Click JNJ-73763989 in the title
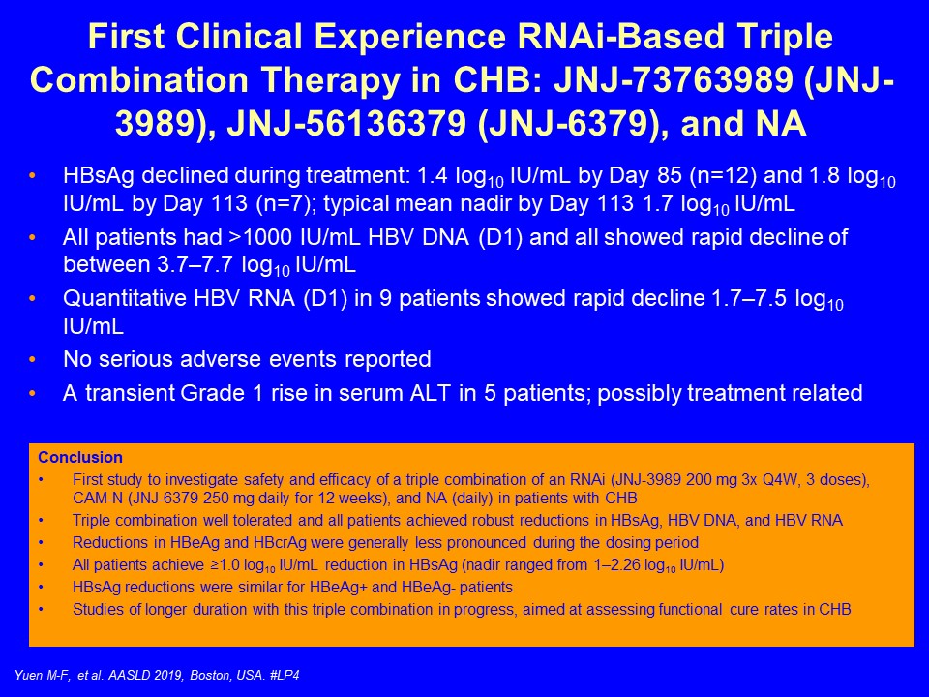pos(672,80)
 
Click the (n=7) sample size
pos(285,204)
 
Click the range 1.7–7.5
pos(748,298)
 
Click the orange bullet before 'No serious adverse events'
pos(32,359)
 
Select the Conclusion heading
pos(80,458)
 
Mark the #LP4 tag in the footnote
pos(284,675)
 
